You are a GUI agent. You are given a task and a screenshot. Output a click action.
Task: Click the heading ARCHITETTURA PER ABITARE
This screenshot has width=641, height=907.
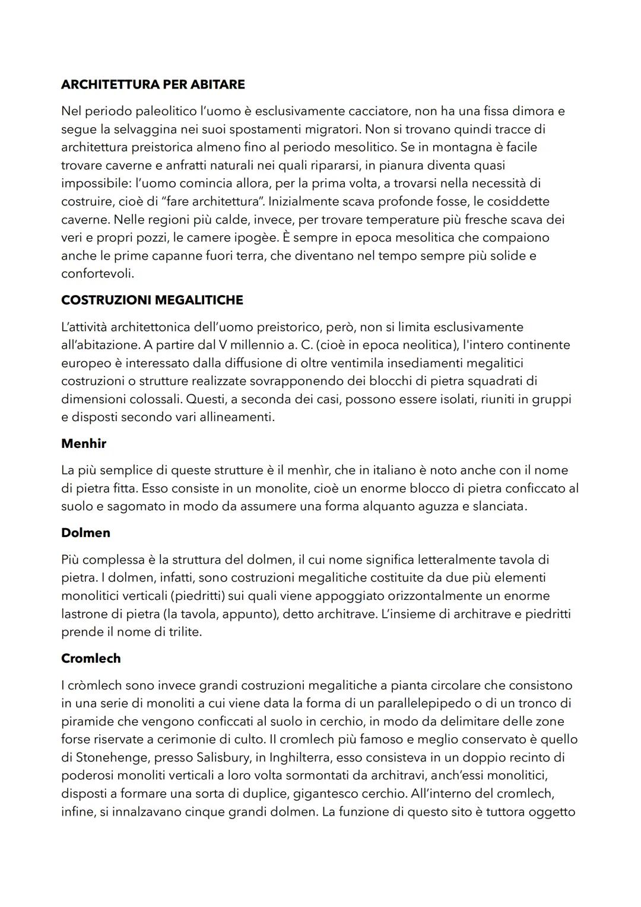coord(153,84)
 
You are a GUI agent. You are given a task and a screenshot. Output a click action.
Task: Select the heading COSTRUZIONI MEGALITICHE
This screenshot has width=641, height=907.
coord(152,300)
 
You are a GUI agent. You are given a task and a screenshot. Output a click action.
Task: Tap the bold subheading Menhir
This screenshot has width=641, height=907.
coord(84,443)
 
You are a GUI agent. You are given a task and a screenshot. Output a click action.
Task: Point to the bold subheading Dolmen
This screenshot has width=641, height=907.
coord(85,533)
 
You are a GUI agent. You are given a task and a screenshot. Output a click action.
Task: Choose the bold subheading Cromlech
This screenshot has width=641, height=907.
coord(91,658)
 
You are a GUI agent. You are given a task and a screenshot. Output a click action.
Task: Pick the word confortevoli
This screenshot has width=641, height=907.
coord(97,274)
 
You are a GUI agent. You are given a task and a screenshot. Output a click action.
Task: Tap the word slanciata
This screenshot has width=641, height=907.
coord(498,507)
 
